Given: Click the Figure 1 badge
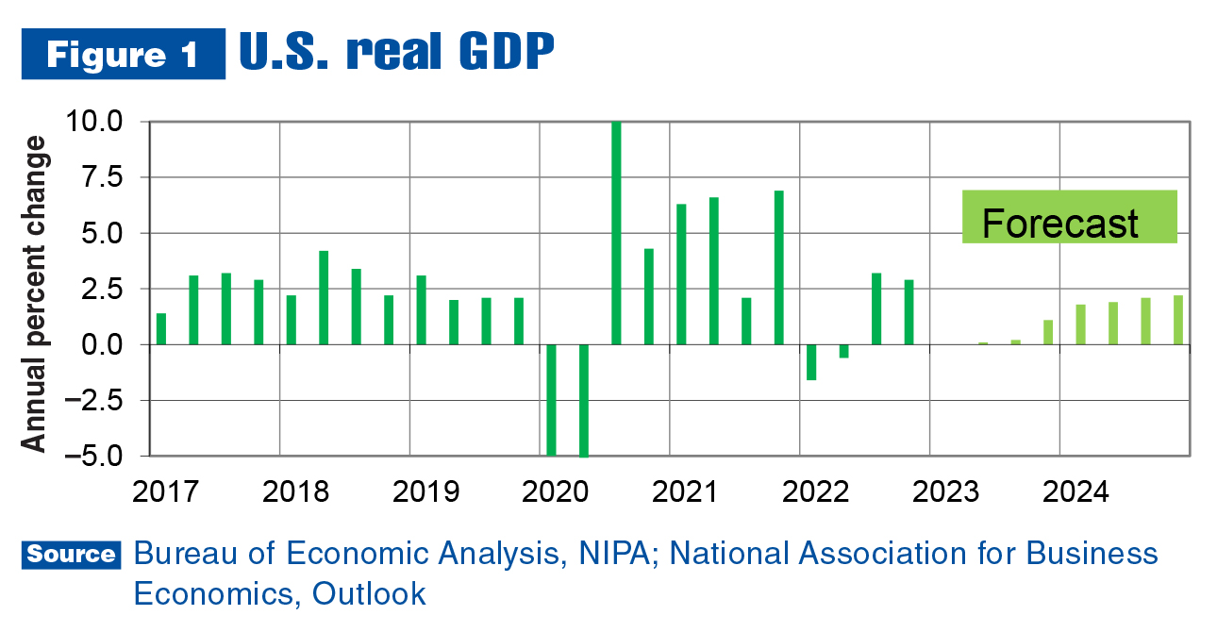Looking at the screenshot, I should pos(124,54).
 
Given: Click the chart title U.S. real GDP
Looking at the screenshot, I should pos(396,54).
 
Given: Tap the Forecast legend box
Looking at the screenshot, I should pos(1069,218).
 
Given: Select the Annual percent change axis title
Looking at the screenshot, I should pos(34,293).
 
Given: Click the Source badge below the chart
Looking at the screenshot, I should pos(72,554).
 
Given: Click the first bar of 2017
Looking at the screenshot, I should pos(161,328).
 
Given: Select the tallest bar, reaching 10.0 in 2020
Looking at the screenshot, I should pos(616,233).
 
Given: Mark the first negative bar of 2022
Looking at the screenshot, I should pos(810,362).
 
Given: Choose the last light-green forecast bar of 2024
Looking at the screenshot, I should pos(1178,320).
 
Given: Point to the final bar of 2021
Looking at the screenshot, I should pos(778,267).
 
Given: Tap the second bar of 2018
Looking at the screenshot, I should pos(324,297).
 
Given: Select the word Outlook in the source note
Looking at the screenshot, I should pos(370,593).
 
